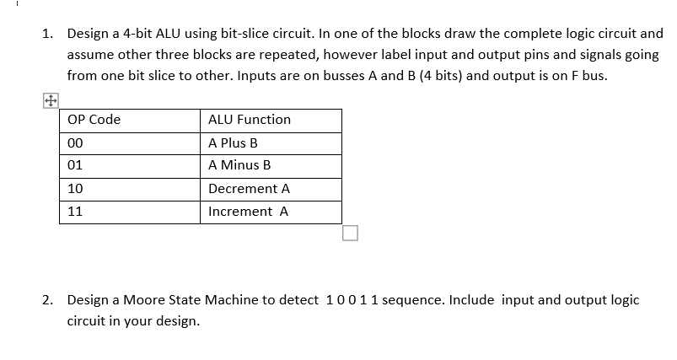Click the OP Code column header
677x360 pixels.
click(x=93, y=120)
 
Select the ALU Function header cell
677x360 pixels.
click(x=250, y=120)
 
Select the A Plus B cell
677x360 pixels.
click(x=233, y=143)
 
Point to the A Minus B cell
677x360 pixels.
click(x=239, y=166)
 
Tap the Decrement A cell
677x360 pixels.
click(x=249, y=189)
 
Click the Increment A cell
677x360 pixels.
click(x=248, y=212)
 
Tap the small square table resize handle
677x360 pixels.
click(x=351, y=233)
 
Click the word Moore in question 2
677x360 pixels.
click(x=144, y=300)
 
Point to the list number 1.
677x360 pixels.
click(x=48, y=35)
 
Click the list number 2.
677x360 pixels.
click(x=48, y=300)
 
